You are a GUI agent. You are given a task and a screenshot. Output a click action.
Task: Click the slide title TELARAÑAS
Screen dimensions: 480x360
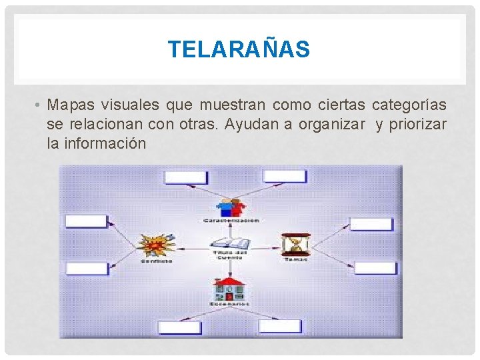[239, 49]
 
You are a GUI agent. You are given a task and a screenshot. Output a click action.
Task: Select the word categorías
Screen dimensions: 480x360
[409, 105]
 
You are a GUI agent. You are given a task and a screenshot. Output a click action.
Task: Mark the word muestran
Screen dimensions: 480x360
[237, 105]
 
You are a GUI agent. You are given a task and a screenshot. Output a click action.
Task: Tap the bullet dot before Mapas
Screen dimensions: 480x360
[40, 105]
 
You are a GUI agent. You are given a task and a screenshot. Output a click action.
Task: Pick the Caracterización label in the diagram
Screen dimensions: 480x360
[231, 221]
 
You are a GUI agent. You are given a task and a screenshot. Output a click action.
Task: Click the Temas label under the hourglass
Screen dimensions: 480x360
[295, 259]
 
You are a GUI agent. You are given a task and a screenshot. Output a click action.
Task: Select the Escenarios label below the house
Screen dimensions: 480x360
[230, 304]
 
